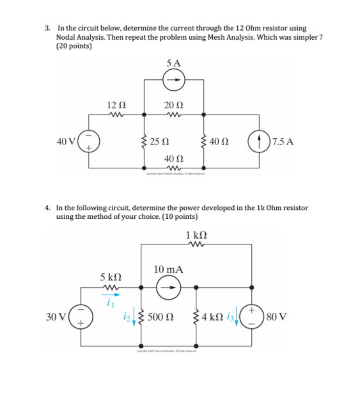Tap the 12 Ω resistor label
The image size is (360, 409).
pyautogui.click(x=116, y=104)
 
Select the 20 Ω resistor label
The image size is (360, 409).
pyautogui.click(x=173, y=104)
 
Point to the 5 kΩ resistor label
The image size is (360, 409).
pyautogui.click(x=111, y=276)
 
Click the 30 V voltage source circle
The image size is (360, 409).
pyautogui.click(x=81, y=316)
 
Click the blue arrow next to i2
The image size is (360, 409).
pyautogui.click(x=134, y=317)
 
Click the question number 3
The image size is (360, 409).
pyautogui.click(x=48, y=28)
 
